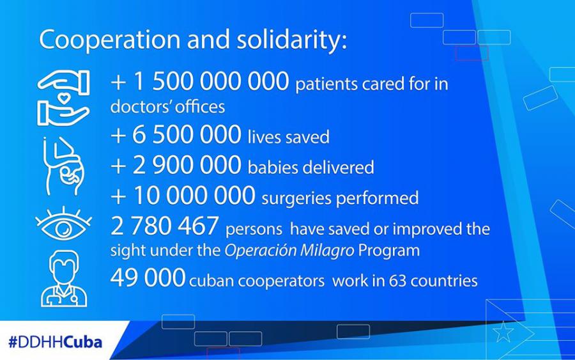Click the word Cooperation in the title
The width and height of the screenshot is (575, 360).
[110, 40]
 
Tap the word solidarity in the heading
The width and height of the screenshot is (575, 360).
[289, 39]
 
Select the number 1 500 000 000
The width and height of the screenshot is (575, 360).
[211, 81]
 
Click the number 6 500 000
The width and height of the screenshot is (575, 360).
[187, 134]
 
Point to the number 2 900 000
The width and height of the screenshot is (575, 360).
[187, 165]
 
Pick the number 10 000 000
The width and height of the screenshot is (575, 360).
[194, 195]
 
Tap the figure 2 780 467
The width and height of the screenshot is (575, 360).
[164, 226]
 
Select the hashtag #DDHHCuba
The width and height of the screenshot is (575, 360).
[55, 342]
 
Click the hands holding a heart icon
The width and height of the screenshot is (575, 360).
[63, 98]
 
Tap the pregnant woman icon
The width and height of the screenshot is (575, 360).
[63, 166]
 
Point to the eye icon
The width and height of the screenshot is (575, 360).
[63, 224]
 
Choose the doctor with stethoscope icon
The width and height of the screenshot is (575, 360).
[64, 279]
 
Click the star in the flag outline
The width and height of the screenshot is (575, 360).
[503, 332]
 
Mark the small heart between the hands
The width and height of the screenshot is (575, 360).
[64, 98]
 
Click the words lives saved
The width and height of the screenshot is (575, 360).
[289, 137]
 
